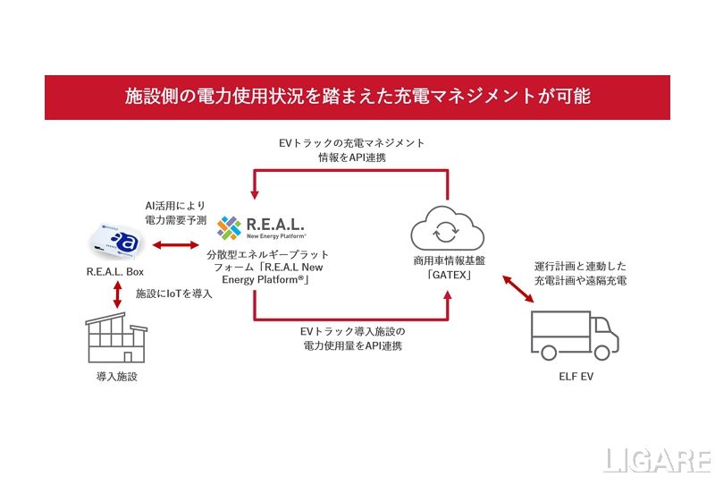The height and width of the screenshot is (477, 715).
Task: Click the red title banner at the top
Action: click(357, 97)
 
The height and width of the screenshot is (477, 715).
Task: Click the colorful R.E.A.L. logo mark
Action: click(231, 228)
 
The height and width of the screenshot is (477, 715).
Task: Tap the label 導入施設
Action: click(117, 377)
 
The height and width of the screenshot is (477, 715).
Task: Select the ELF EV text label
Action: click(575, 377)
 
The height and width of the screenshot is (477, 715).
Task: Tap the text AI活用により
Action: click(172, 205)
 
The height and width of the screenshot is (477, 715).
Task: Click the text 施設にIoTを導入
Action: click(173, 294)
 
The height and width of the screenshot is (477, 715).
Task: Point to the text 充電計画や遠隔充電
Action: click(579, 282)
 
